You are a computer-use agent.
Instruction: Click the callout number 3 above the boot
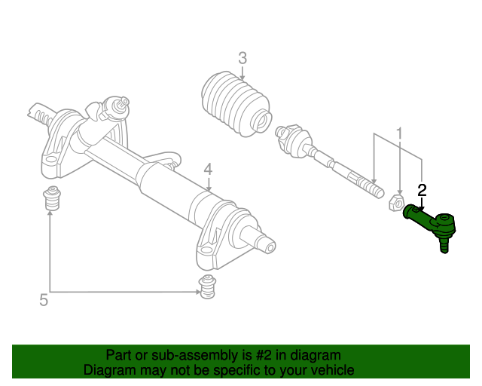tap(243, 58)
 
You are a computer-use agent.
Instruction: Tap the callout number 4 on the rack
tap(208, 170)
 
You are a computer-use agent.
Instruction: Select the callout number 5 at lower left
tap(44, 300)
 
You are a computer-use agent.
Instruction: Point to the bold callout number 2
tap(422, 191)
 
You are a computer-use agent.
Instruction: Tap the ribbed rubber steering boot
tap(236, 103)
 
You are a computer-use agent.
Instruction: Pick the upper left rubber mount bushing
tap(52, 198)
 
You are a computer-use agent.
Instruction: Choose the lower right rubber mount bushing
tap(207, 287)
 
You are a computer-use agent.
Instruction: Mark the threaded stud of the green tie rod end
tap(444, 245)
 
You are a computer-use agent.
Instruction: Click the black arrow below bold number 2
tap(422, 205)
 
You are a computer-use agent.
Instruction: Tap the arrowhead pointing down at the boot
tap(243, 78)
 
